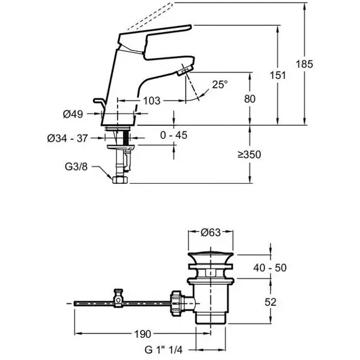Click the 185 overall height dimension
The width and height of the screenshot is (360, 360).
click(304, 64)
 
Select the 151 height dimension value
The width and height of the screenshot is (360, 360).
click(277, 75)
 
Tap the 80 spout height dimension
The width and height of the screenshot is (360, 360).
click(249, 99)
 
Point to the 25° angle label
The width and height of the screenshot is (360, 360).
click(220, 85)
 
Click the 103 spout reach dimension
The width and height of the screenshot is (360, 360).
click(152, 100)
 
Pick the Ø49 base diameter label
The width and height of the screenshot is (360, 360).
click(73, 114)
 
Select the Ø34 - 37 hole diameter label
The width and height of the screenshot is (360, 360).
click(68, 138)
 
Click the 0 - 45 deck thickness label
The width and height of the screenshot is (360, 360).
click(174, 135)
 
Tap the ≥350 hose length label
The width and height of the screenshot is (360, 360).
click(249, 155)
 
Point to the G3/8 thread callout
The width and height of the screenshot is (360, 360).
click(76, 167)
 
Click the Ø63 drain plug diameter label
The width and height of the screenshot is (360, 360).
click(210, 232)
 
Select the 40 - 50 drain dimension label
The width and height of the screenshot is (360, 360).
click(270, 268)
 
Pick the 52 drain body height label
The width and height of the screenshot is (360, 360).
click(270, 302)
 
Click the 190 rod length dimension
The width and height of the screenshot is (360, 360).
click(143, 334)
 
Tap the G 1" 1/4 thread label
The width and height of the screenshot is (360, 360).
click(164, 350)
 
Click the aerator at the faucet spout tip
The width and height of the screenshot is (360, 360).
click(185, 71)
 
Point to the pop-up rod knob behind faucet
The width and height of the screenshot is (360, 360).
click(99, 102)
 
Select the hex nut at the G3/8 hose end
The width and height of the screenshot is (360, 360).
click(120, 179)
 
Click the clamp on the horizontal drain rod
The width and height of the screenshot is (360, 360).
click(119, 298)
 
